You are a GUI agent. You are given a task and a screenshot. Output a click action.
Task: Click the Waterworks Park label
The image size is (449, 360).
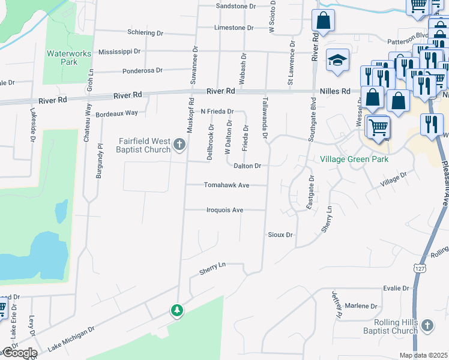click(69, 58)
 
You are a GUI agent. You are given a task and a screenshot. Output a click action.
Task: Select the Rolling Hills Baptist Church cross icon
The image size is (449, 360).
click(426, 325)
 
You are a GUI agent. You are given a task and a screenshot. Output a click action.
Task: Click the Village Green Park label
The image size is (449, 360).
click(354, 160)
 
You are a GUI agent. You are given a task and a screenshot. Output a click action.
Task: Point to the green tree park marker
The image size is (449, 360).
click(176, 310)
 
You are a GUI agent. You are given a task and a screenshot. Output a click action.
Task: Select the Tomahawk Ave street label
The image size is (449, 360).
click(226, 185)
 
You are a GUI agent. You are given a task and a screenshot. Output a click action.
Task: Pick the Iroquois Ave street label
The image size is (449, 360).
click(224, 210)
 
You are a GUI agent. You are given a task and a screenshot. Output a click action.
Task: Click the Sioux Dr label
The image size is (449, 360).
click(280, 235)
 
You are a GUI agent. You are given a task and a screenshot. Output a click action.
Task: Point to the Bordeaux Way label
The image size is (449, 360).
click(117, 113)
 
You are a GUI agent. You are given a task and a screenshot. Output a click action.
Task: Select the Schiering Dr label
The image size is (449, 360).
click(145, 32)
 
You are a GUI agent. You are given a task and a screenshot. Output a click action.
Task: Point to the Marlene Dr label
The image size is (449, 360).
click(361, 306)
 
